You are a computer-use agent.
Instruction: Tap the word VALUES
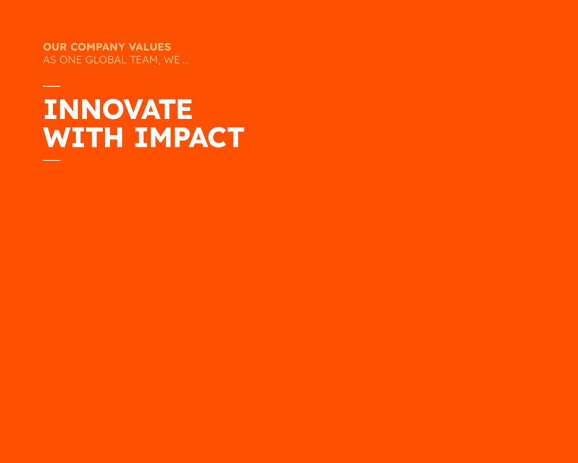[x=150, y=47]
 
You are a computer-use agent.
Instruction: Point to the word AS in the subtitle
[x=49, y=60]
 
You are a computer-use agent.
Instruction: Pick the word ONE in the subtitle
[x=71, y=60]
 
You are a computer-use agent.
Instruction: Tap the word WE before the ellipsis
[x=172, y=60]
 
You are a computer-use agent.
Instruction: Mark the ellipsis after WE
[x=186, y=63]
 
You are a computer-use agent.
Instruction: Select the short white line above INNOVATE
[x=51, y=86]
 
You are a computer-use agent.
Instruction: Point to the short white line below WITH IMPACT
[x=51, y=160]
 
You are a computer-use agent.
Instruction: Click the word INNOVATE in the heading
[x=118, y=109]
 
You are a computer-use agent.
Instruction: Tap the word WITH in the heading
[x=83, y=137]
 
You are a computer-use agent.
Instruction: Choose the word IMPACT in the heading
[x=190, y=137]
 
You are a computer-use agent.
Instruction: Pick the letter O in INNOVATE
[x=114, y=109]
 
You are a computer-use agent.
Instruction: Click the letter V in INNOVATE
[x=137, y=109]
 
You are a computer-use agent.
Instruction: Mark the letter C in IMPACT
[x=215, y=137]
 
